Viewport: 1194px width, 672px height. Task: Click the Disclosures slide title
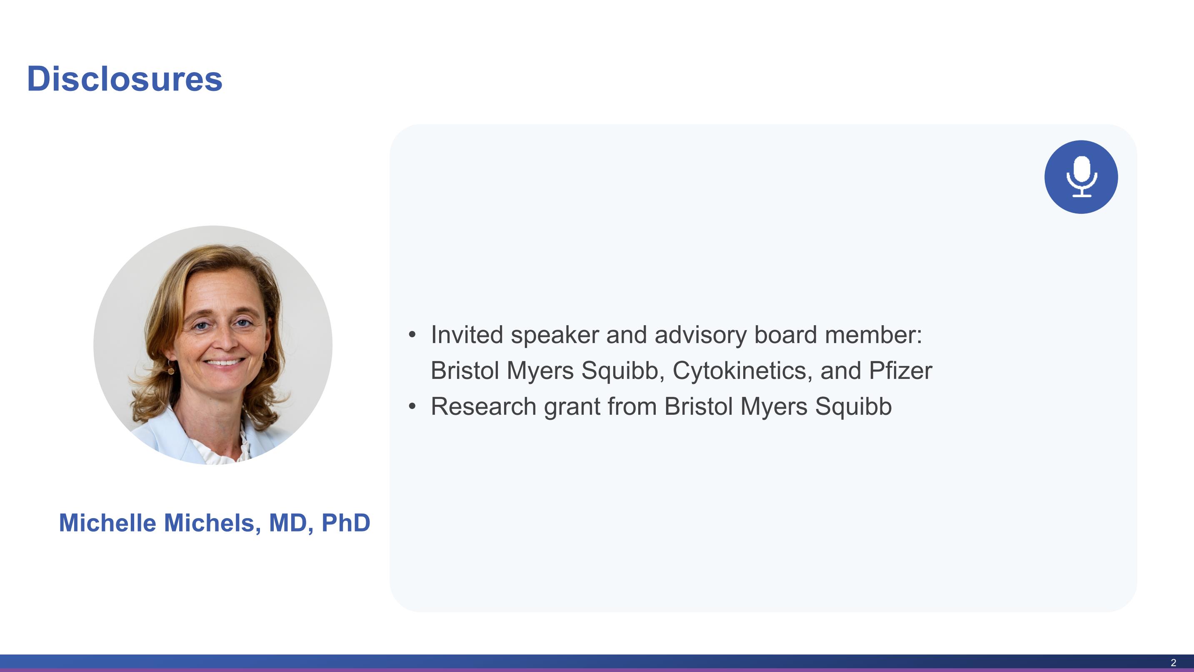[125, 79]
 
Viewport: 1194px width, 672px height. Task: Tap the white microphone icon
[1082, 177]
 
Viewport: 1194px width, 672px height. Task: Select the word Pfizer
[900, 371]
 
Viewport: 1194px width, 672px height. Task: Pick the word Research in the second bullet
[483, 407]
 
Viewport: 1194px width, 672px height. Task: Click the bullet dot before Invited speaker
[412, 335]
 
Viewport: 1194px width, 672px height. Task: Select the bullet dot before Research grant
[412, 407]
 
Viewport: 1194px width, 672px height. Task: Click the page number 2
[1173, 663]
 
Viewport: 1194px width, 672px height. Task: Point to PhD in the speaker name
[346, 523]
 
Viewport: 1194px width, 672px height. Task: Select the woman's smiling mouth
[225, 362]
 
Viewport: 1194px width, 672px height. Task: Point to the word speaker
[555, 336]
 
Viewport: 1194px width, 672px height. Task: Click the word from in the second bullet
[632, 407]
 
